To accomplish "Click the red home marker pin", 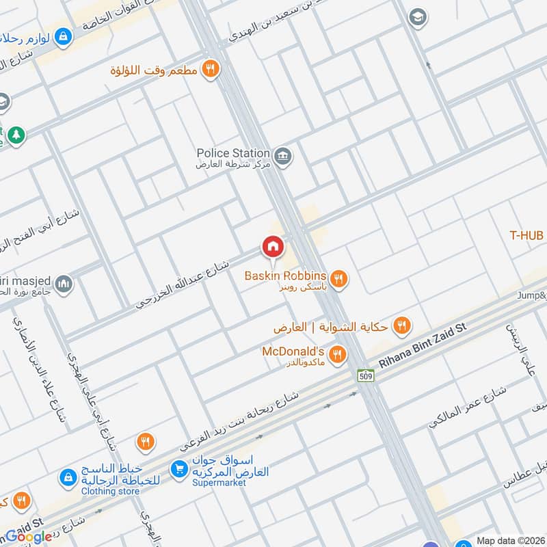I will pyautogui.click(x=272, y=247).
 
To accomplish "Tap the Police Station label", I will pyautogui.click(x=233, y=153).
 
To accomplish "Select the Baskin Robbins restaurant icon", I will pyautogui.click(x=338, y=278).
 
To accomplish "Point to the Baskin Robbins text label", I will pyautogui.click(x=287, y=276).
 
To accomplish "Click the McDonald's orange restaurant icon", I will pyautogui.click(x=336, y=354).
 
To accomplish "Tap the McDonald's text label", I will pyautogui.click(x=293, y=351).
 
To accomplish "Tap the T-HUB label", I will pyautogui.click(x=526, y=235).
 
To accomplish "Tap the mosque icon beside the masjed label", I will pyautogui.click(x=64, y=283).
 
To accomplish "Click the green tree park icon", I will pyautogui.click(x=16, y=136).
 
